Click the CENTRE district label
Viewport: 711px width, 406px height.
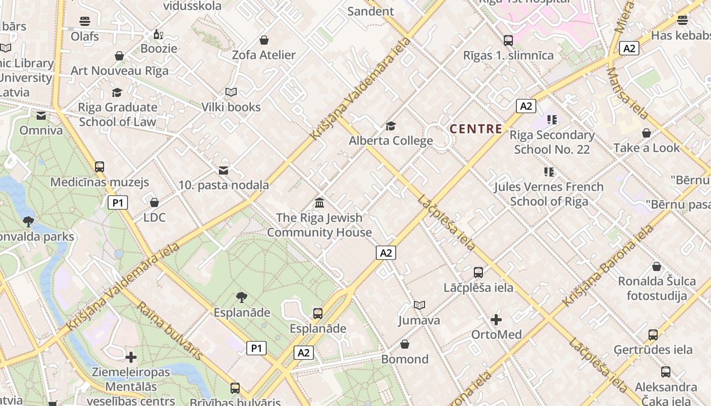click(x=476, y=129)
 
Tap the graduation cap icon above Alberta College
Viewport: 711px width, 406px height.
click(x=391, y=126)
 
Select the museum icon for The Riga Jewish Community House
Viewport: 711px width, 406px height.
click(x=319, y=203)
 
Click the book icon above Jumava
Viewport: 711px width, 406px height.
click(x=419, y=305)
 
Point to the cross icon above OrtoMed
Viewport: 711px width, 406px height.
click(x=496, y=320)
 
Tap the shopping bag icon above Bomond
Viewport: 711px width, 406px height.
click(x=405, y=344)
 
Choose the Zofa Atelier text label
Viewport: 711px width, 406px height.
click(x=264, y=55)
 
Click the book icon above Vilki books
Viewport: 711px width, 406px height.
click(x=231, y=92)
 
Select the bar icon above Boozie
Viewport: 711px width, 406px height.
click(x=158, y=35)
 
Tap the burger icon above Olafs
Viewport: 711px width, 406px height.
click(x=85, y=21)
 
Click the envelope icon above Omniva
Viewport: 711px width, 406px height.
click(x=41, y=116)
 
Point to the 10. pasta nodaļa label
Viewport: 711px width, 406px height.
click(x=223, y=185)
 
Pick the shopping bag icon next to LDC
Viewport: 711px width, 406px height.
click(x=154, y=202)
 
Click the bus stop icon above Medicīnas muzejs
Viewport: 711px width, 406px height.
click(x=100, y=167)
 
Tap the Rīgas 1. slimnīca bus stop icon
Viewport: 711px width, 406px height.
click(x=508, y=40)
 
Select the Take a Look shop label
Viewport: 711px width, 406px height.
click(x=646, y=148)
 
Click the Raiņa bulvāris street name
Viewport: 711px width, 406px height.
click(x=170, y=331)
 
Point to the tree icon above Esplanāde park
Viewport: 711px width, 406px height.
click(x=242, y=297)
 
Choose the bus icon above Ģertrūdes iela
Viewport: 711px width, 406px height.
click(x=653, y=335)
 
